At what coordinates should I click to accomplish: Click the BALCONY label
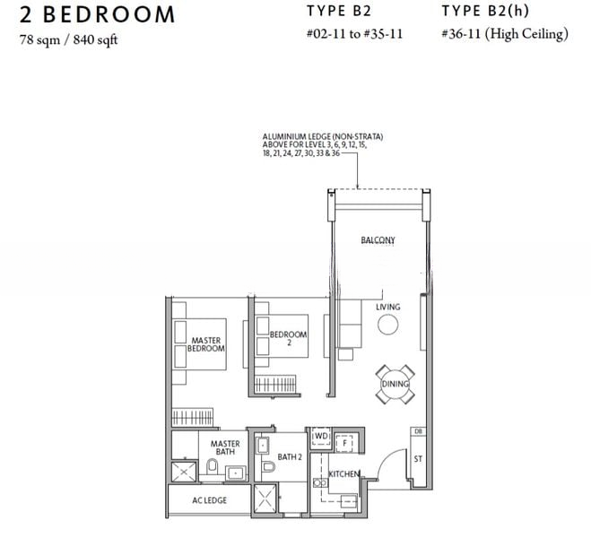[378, 240]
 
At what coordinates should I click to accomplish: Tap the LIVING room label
[387, 307]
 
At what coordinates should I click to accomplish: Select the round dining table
[395, 385]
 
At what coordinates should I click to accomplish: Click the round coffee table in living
[387, 325]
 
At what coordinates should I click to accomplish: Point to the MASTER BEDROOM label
[206, 344]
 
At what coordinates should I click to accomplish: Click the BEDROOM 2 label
[289, 338]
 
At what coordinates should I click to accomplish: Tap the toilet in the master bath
[212, 466]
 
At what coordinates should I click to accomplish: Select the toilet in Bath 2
[269, 467]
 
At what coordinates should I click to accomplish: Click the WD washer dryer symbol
[321, 437]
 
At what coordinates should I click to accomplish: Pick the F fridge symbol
[344, 443]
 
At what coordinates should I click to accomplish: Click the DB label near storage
[418, 431]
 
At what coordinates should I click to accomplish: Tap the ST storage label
[418, 459]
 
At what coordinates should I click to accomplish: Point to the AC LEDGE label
[210, 500]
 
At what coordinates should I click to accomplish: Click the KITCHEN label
[344, 474]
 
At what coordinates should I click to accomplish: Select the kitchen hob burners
[319, 482]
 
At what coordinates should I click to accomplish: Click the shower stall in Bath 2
[265, 498]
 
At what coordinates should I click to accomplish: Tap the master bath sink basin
[236, 473]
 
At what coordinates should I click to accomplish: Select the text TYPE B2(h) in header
[485, 11]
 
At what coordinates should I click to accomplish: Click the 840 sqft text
[95, 40]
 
